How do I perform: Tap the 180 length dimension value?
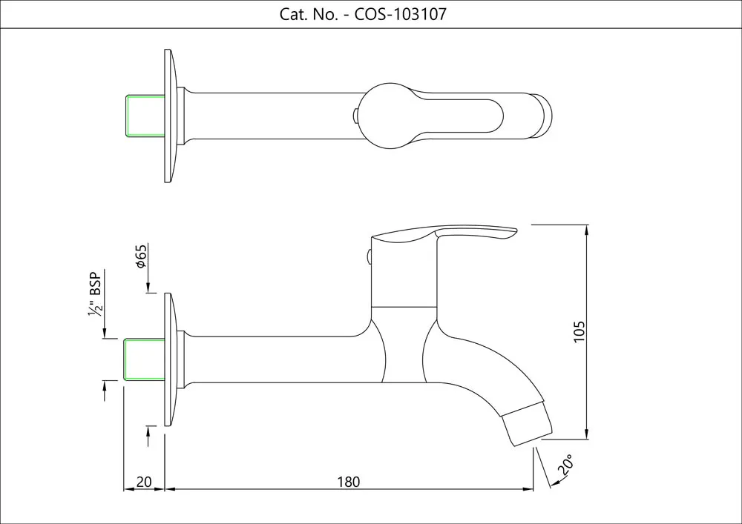(x=348, y=482)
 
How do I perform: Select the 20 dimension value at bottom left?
(x=145, y=482)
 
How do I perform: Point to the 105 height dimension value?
(x=580, y=331)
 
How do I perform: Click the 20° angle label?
(x=565, y=466)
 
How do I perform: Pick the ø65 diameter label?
(x=140, y=256)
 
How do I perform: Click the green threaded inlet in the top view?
(x=145, y=116)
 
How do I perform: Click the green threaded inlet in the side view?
(x=145, y=359)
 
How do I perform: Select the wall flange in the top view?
(x=170, y=116)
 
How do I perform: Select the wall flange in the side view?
(x=170, y=359)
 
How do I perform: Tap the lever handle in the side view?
(x=445, y=236)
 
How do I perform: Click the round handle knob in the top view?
(x=386, y=116)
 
